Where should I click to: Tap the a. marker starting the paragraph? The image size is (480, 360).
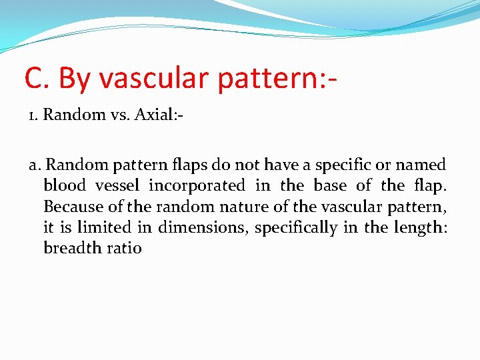pyautogui.click(x=35, y=165)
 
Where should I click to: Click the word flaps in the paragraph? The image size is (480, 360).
pyautogui.click(x=203, y=165)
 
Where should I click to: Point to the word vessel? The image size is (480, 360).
pyautogui.click(x=117, y=185)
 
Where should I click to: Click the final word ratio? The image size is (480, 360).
pyautogui.click(x=124, y=248)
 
